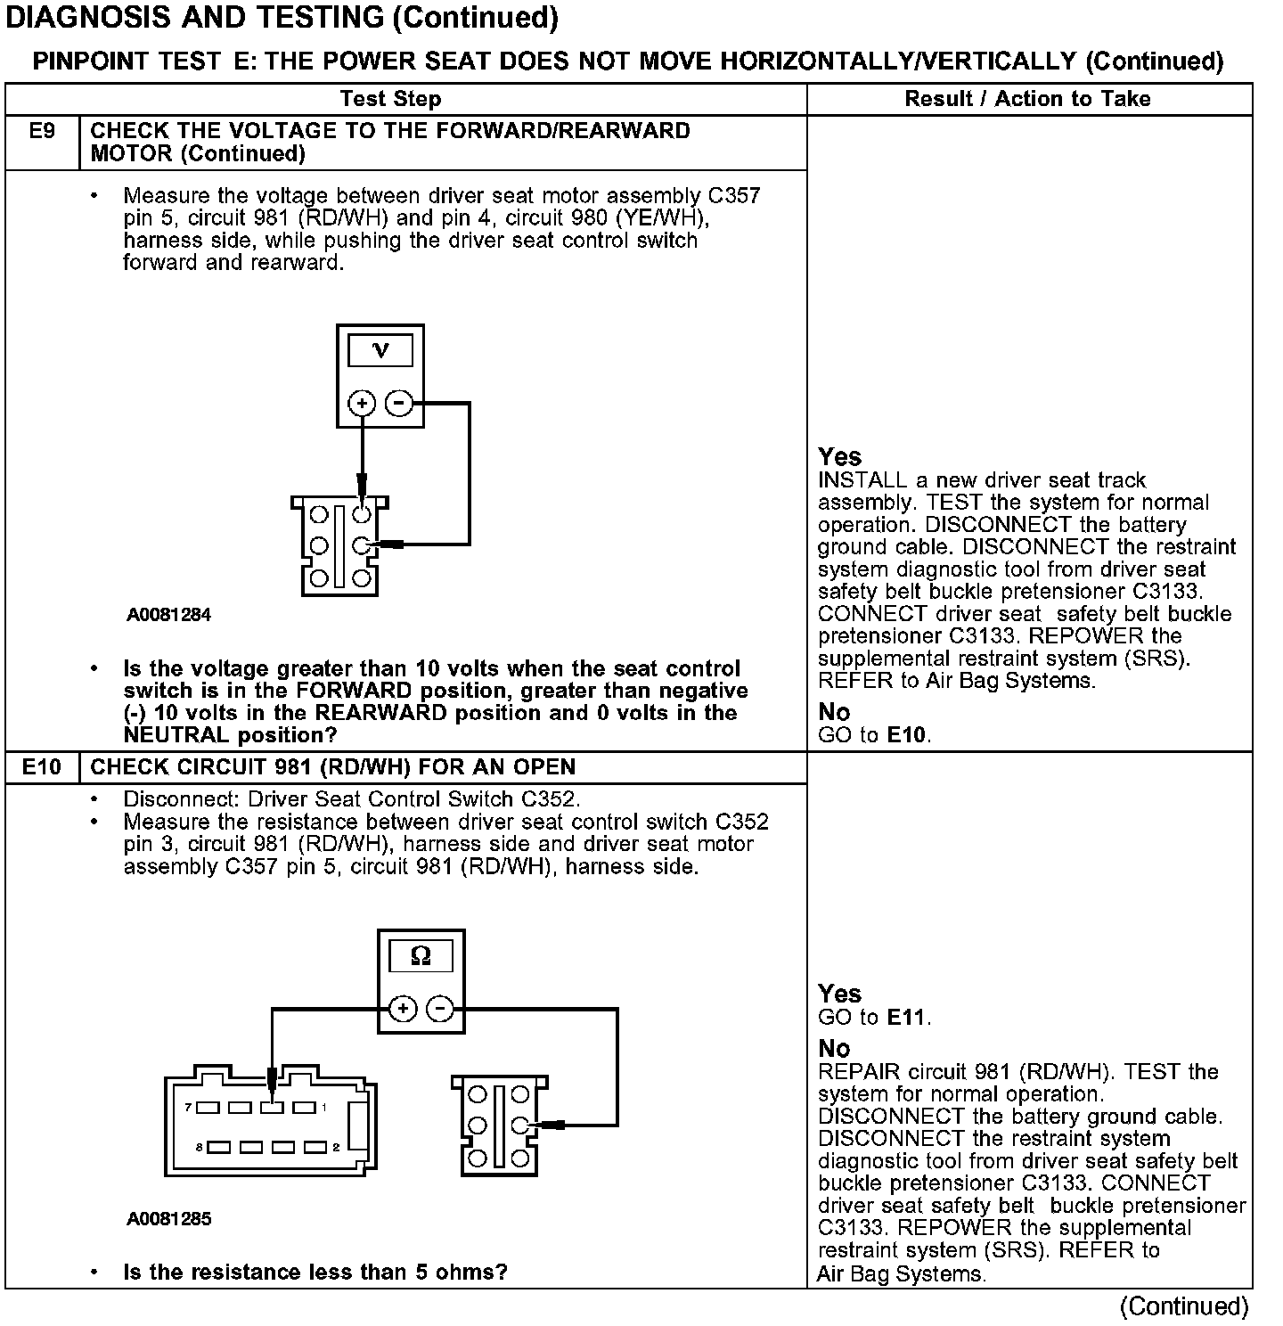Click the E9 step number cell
(42, 132)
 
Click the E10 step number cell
(42, 766)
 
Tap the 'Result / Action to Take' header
(1027, 99)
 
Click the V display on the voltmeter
(380, 350)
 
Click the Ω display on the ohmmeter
(421, 956)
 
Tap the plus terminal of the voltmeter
(362, 404)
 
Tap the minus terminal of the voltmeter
(398, 404)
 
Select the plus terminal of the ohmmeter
(403, 1009)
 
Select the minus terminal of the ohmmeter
(440, 1009)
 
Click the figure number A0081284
(168, 615)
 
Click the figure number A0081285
(168, 1219)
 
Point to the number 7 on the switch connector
(189, 1108)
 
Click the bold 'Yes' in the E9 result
(839, 457)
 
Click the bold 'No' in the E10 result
(834, 1048)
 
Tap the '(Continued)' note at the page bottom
(1184, 1306)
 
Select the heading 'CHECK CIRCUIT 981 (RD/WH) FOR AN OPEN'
(333, 766)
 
